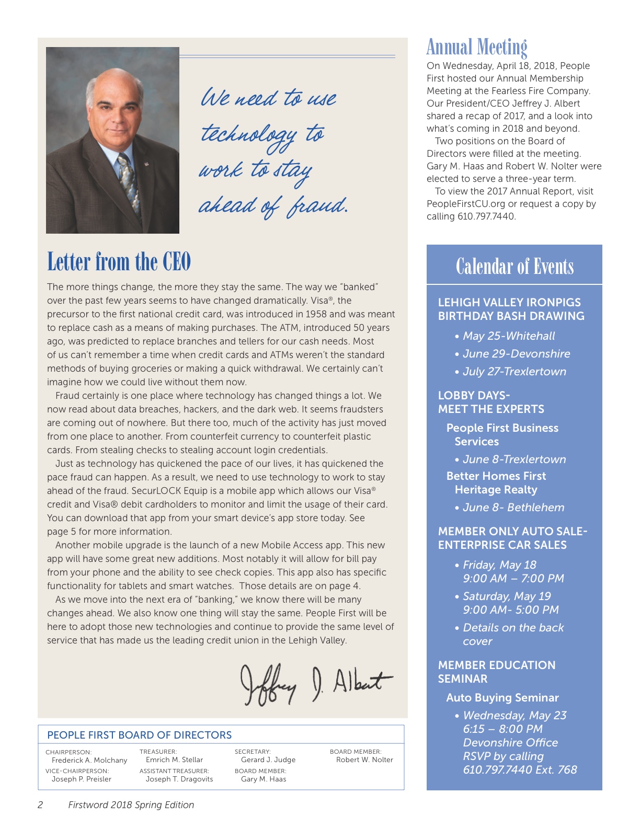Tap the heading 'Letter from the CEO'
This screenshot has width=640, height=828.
pos(119,262)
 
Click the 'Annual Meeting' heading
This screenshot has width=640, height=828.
pos(476,47)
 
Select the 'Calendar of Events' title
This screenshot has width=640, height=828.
pos(515,267)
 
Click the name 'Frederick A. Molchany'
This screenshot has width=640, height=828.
pos(89,760)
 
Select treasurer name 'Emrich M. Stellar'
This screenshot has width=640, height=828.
pos(174,760)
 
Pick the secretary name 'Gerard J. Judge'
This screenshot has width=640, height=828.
pos(268,760)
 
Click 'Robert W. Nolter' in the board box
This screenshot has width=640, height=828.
pos(364,760)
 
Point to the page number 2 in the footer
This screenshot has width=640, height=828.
pos(40,805)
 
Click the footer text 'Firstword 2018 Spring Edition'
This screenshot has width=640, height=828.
pos(131,805)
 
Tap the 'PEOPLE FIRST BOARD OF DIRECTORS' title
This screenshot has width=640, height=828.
pos(139,735)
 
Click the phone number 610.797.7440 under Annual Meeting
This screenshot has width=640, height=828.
pos(486,216)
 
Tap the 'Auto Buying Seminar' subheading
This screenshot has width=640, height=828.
pos(502,698)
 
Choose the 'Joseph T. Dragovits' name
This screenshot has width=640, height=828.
pos(179,779)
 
